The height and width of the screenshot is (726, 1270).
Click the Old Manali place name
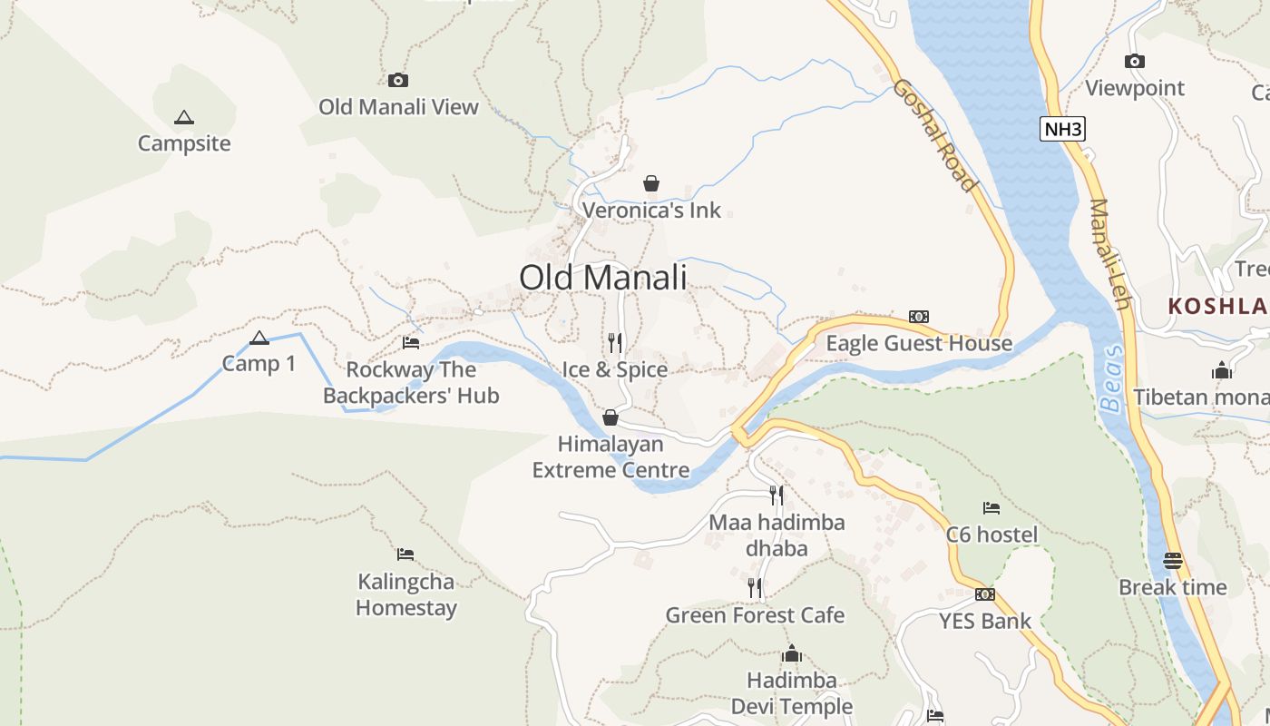pos(603,278)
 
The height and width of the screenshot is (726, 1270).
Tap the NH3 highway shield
pos(1062,129)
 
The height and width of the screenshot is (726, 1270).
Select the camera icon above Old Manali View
pos(398,81)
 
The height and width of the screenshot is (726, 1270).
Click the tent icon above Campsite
pos(184,117)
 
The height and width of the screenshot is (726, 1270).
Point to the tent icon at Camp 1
pos(259,338)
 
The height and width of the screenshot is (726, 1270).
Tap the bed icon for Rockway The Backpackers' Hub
pos(411,343)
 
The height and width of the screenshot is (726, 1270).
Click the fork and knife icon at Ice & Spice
pos(615,342)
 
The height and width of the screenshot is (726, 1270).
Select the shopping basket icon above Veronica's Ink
pos(650,183)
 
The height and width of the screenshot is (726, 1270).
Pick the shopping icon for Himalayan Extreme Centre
pos(611,417)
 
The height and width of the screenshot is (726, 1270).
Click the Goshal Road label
pos(935,135)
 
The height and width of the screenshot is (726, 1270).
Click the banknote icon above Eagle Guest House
pos(919,317)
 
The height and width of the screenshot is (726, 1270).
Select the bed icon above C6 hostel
pos(992,508)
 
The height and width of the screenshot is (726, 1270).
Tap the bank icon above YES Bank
pos(985,594)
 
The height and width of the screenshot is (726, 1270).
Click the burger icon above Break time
pos(1173,560)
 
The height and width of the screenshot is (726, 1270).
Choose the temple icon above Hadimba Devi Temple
pos(792,653)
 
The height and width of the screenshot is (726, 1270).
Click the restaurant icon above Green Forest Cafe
pos(755,587)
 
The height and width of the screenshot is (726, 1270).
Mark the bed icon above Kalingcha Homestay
pos(405,554)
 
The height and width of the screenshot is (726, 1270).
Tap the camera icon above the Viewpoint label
pos(1134,62)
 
